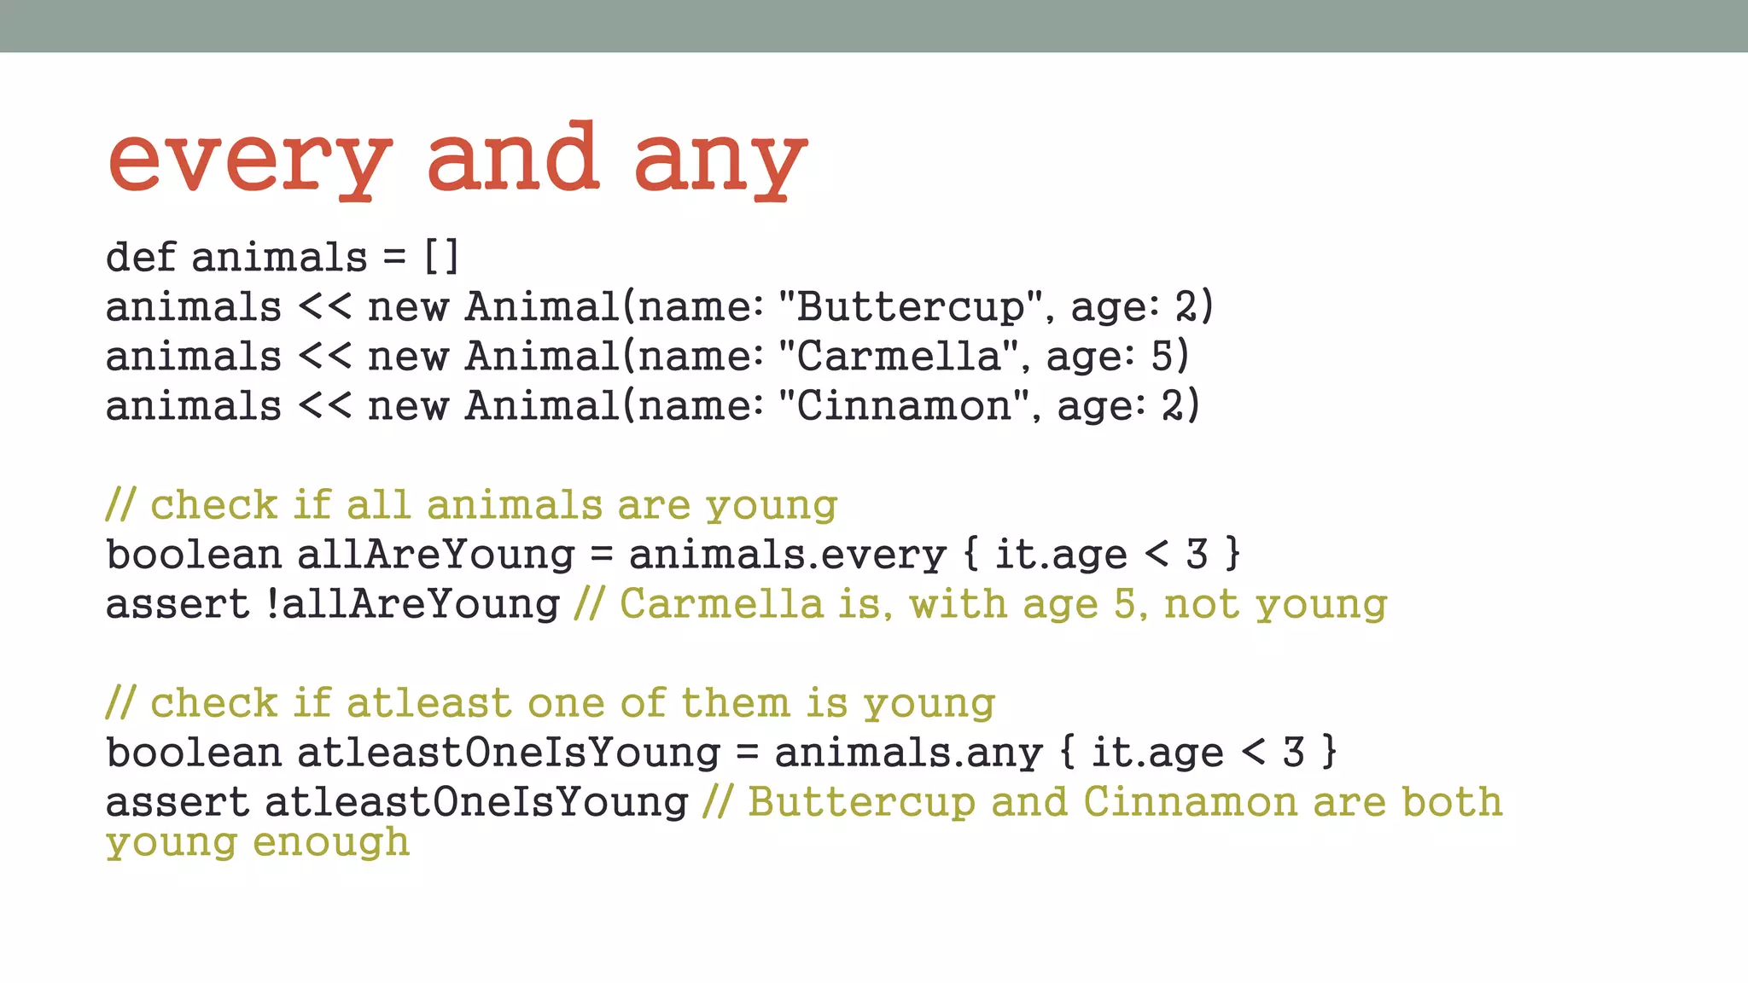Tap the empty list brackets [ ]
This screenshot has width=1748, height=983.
(441, 256)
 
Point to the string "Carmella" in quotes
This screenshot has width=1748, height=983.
(899, 356)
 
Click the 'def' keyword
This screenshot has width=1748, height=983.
(140, 256)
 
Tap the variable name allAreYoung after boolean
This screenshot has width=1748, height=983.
(435, 555)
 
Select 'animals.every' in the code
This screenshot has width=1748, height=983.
(787, 555)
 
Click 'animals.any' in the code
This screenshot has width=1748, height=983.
(908, 753)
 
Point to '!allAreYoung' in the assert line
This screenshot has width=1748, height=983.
(412, 604)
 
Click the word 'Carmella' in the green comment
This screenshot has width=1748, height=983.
(721, 604)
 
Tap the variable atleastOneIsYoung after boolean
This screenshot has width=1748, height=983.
(508, 753)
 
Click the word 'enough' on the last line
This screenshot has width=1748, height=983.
(331, 841)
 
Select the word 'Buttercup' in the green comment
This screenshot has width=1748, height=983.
(861, 802)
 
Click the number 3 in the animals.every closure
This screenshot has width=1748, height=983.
(1197, 555)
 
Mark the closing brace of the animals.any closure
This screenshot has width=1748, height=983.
(1329, 753)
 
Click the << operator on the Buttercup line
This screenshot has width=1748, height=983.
(324, 306)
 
